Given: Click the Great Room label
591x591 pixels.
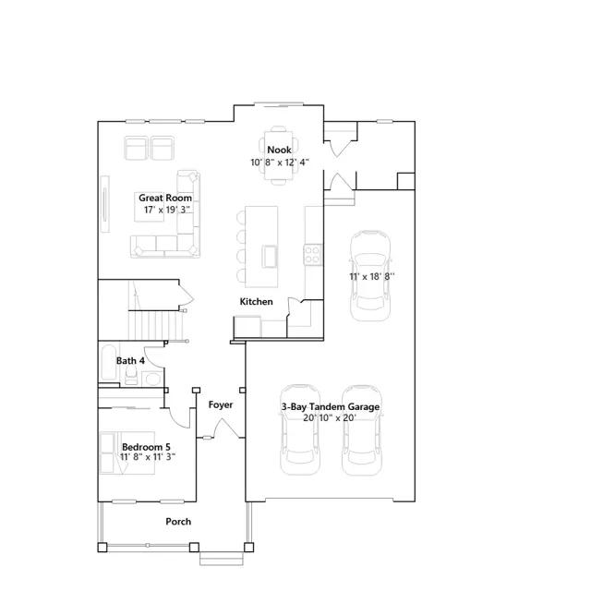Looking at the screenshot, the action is [165, 198].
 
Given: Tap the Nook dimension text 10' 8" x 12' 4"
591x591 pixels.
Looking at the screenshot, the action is [280, 163].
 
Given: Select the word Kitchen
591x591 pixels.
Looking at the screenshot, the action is [257, 302].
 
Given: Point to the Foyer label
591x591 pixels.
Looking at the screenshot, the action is [221, 404].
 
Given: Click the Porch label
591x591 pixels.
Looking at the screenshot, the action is [178, 522].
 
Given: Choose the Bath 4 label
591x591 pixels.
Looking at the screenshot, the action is [130, 361].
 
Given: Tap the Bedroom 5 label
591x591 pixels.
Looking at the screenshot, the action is [146, 447].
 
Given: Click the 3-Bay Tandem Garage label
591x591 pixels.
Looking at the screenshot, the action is [331, 406].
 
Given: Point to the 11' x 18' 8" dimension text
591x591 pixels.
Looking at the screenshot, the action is [372, 276].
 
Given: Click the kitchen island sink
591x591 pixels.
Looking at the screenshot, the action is [270, 256].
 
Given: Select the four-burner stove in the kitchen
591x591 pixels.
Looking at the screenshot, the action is [313, 255].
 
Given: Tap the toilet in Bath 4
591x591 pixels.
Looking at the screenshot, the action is [131, 375].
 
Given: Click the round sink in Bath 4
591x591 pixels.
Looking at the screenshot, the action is [152, 379].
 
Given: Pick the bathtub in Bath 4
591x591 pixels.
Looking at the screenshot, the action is [108, 363].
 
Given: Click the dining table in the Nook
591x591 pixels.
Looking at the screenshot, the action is [279, 155].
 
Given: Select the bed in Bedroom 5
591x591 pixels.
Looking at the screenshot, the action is [127, 452].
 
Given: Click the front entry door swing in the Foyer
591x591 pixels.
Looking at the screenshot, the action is [226, 428].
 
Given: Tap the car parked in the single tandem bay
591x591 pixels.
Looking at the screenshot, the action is [370, 276].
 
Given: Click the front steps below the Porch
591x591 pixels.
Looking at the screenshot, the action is [222, 559].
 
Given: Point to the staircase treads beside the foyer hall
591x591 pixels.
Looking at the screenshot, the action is [156, 325].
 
